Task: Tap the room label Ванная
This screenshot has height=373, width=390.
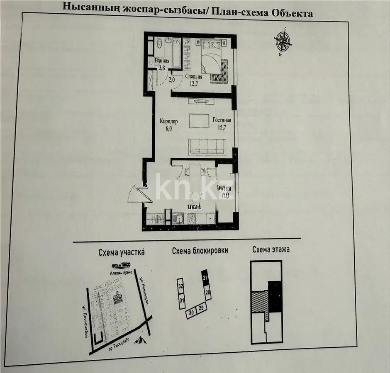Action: click(162, 61)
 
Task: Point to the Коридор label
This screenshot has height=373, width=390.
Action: click(169, 121)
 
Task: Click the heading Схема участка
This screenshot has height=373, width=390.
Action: click(122, 252)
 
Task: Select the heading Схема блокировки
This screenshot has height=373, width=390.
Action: click(200, 251)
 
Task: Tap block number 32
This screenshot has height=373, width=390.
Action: click(180, 286)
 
